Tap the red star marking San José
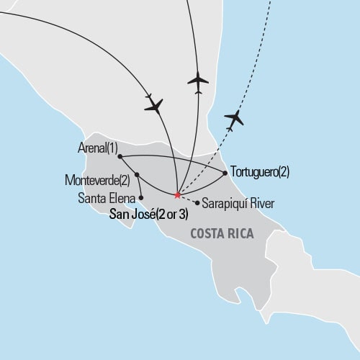click(x=177, y=195)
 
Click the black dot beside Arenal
click(x=119, y=156)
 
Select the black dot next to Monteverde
click(x=136, y=175)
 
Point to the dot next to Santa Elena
click(x=142, y=197)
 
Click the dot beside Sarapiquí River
click(x=197, y=202)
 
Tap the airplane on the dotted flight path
click(x=234, y=117)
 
